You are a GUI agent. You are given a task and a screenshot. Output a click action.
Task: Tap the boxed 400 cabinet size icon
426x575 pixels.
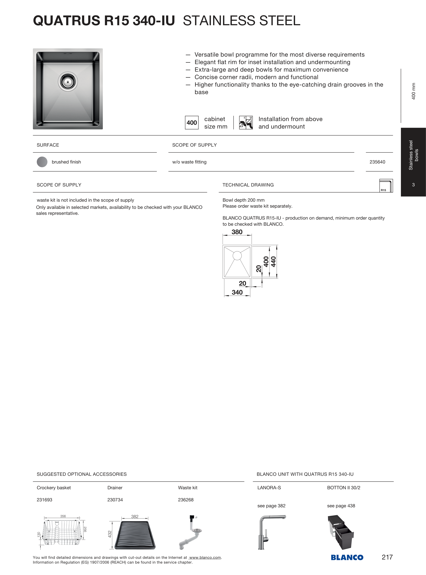[x=192, y=123]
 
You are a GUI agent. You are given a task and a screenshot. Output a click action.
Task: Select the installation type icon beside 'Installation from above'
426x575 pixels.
[x=246, y=123]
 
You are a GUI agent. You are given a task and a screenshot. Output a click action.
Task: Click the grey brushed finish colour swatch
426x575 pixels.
[x=42, y=162]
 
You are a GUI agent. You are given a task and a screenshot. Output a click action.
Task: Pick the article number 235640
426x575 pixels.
[x=377, y=162]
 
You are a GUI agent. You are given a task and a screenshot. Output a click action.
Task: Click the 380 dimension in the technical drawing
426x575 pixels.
[x=237, y=232]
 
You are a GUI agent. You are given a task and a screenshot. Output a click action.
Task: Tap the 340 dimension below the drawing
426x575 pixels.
[x=237, y=292]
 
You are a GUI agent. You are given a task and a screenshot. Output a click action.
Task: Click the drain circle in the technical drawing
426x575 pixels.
[x=237, y=256]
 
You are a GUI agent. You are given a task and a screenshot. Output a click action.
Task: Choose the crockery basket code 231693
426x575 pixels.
[x=44, y=500]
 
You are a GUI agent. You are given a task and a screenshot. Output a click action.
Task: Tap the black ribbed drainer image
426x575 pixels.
[x=135, y=535]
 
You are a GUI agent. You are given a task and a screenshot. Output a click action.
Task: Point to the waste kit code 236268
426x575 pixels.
[x=186, y=500]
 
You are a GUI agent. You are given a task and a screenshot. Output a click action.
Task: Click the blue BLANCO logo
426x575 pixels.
[x=347, y=557]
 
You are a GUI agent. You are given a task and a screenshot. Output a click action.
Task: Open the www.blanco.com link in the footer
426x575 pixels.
[x=205, y=557]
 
